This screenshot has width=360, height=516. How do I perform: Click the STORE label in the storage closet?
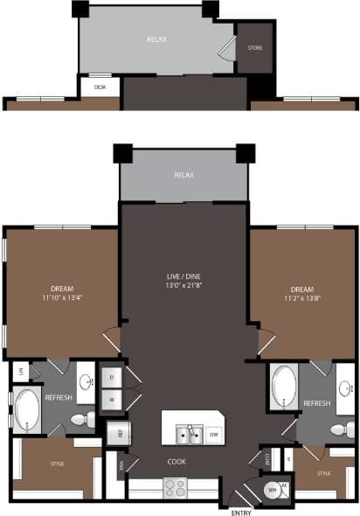[x=255, y=48]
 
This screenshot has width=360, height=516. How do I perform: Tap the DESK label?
[x=100, y=87]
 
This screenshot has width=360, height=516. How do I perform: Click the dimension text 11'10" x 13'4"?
[x=61, y=298]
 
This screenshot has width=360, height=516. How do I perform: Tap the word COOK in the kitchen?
[x=177, y=460]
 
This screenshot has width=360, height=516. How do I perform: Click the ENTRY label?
[x=240, y=511]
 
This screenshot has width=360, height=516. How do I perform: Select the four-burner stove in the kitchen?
[x=175, y=486]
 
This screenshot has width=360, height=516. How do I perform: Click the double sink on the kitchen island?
[x=189, y=433]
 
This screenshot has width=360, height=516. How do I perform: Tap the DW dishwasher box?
[x=214, y=433]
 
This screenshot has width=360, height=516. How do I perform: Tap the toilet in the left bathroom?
[x=80, y=421]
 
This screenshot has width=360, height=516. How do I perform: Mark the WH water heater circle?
[x=270, y=492]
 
